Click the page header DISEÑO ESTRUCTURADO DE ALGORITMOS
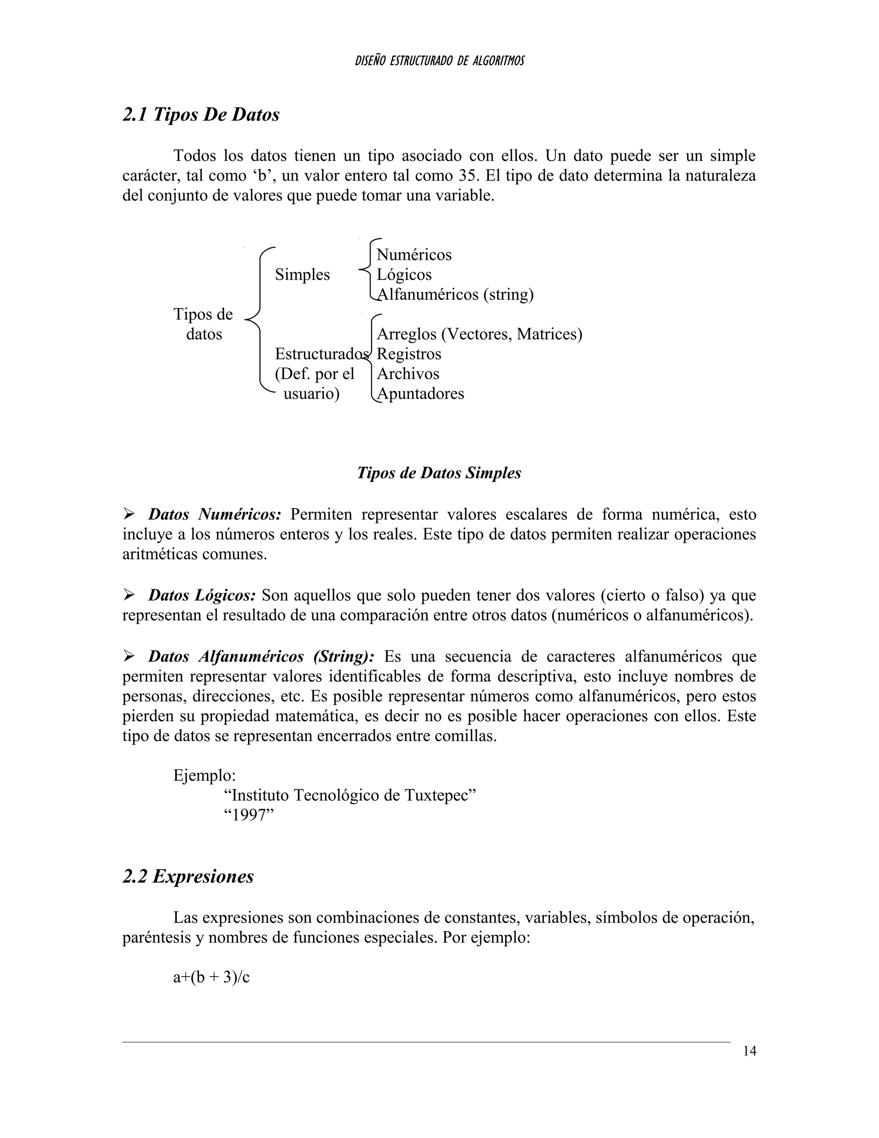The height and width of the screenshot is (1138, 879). [439, 61]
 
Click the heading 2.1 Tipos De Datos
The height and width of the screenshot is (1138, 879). [201, 115]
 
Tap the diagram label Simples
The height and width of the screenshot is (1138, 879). [302, 274]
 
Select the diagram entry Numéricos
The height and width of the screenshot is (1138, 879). [414, 255]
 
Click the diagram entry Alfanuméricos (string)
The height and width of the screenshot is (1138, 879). [455, 295]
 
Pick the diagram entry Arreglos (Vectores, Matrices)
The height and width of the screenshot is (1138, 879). [479, 334]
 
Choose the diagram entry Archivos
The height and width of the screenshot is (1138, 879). [408, 374]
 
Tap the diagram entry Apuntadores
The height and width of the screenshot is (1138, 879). [420, 393]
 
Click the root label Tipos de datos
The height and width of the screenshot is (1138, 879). [203, 324]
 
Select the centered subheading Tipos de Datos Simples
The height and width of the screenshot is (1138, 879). [439, 473]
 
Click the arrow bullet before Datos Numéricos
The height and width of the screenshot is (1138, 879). [129, 515]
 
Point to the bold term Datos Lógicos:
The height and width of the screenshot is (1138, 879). [202, 595]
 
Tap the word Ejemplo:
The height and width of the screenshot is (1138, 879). [205, 775]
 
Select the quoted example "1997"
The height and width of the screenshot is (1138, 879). [249, 815]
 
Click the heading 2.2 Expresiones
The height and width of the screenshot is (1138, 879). [188, 876]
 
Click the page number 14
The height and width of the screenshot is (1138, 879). [749, 1051]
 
